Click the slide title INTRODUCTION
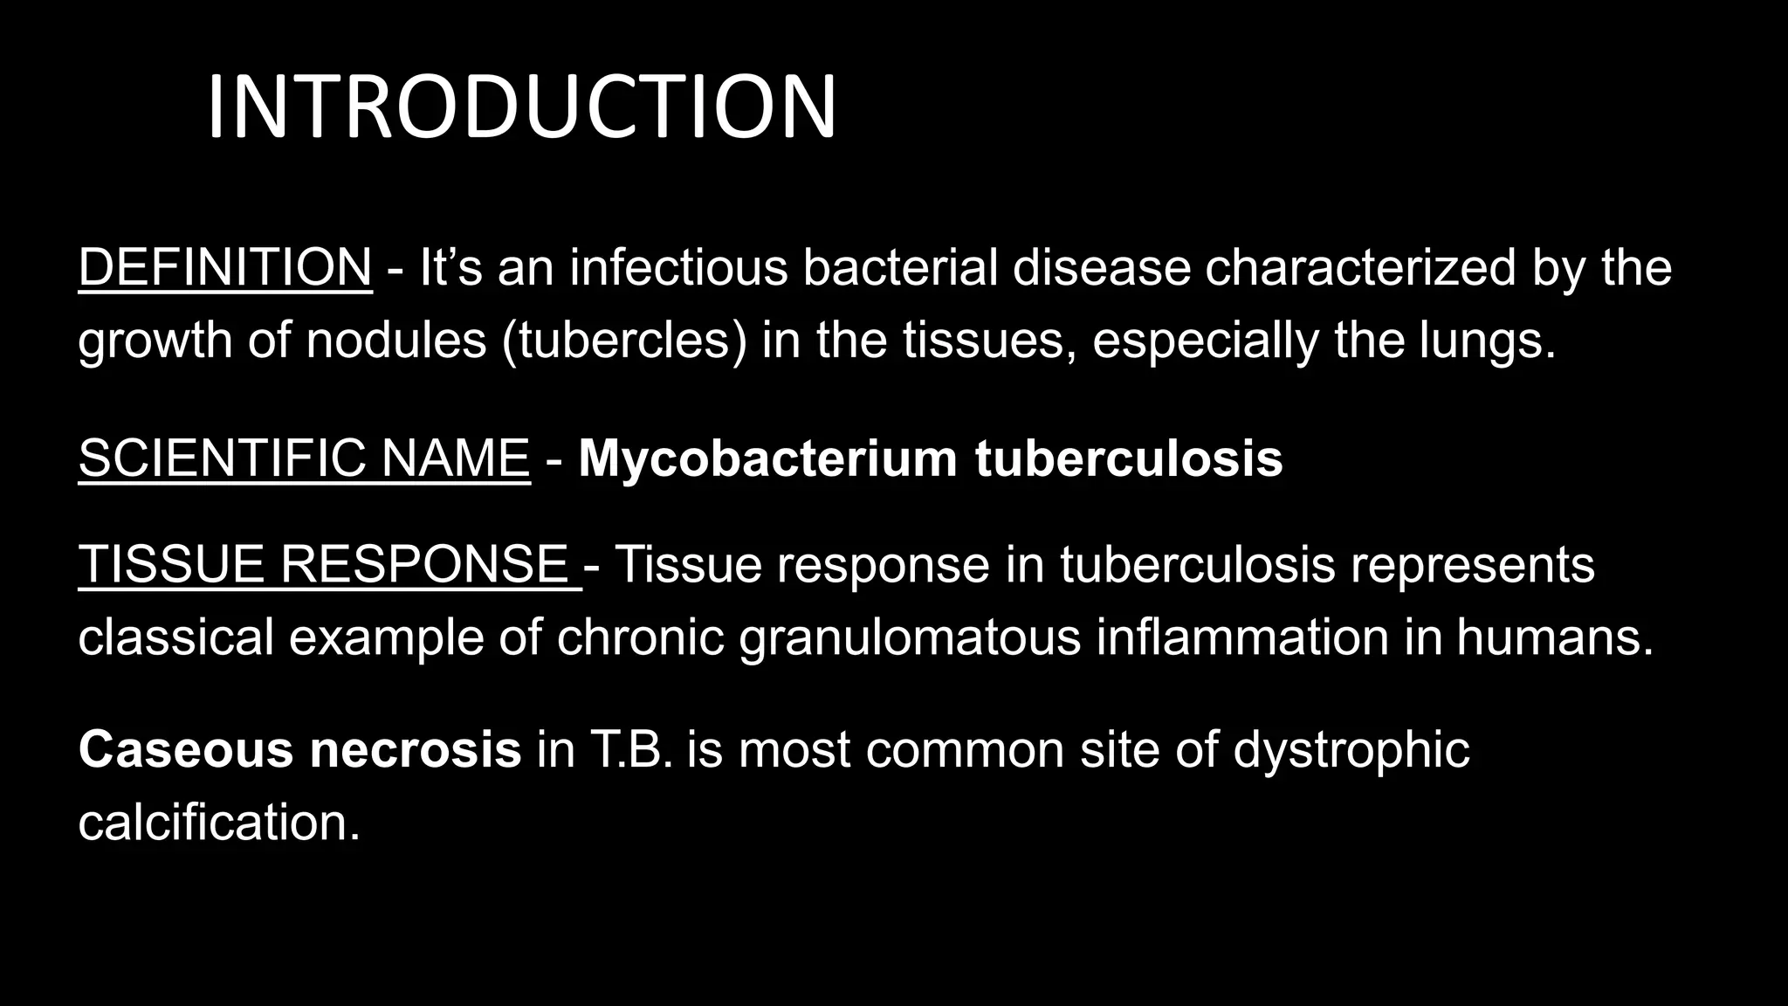521,107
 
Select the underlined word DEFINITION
225,267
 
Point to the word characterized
1359,267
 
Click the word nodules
395,340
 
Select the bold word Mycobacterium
767,458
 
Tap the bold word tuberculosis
1128,458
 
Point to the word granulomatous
910,637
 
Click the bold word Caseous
186,749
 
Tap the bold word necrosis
416,749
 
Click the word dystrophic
1351,749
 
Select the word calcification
218,822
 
